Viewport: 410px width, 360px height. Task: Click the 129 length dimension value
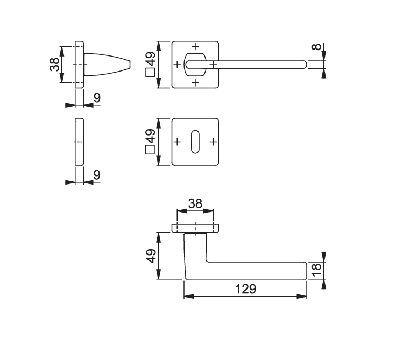pos(245,289)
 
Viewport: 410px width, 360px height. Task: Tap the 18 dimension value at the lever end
pos(316,270)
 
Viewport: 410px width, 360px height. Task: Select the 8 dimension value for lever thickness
pos(316,47)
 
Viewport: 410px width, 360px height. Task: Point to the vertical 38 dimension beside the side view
pos(54,65)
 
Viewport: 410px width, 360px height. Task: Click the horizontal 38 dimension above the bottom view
pos(195,203)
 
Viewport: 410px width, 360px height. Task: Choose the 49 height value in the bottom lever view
pos(151,256)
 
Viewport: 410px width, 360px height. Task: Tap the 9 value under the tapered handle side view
pos(97,98)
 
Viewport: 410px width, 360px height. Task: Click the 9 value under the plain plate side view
pos(97,175)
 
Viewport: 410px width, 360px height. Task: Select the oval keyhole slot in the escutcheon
pos(195,142)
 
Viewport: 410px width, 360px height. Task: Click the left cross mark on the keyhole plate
pos(177,142)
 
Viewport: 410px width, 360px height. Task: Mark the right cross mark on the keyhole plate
pos(214,142)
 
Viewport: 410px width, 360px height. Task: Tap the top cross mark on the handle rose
pos(195,46)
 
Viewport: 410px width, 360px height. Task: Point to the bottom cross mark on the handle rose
pos(195,83)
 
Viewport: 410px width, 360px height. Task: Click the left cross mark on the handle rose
pos(177,65)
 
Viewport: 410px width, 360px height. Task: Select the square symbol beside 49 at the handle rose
pos(150,73)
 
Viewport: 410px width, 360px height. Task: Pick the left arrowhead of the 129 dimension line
pos(189,296)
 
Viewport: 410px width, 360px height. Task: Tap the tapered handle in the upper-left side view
pos(107,65)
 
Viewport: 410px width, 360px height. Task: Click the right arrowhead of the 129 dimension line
pos(302,296)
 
